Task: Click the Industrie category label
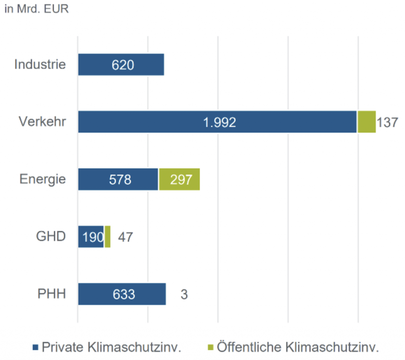40,64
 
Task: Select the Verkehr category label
42,121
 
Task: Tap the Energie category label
43,179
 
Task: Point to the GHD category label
51,237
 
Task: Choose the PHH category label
51,294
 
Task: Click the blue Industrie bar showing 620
121,64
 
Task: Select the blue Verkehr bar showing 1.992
218,122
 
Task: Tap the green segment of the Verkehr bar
367,122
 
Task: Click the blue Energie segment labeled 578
118,179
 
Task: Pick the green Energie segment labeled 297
179,179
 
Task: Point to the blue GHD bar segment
91,237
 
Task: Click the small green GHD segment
108,237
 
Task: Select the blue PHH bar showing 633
122,294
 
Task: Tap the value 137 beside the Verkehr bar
387,122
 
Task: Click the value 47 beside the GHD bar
125,237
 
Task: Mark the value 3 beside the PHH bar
184,294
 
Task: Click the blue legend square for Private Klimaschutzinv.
36,348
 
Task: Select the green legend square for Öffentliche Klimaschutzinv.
210,348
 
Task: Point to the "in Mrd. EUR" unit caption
36,9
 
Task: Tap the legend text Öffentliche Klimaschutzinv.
298,347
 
